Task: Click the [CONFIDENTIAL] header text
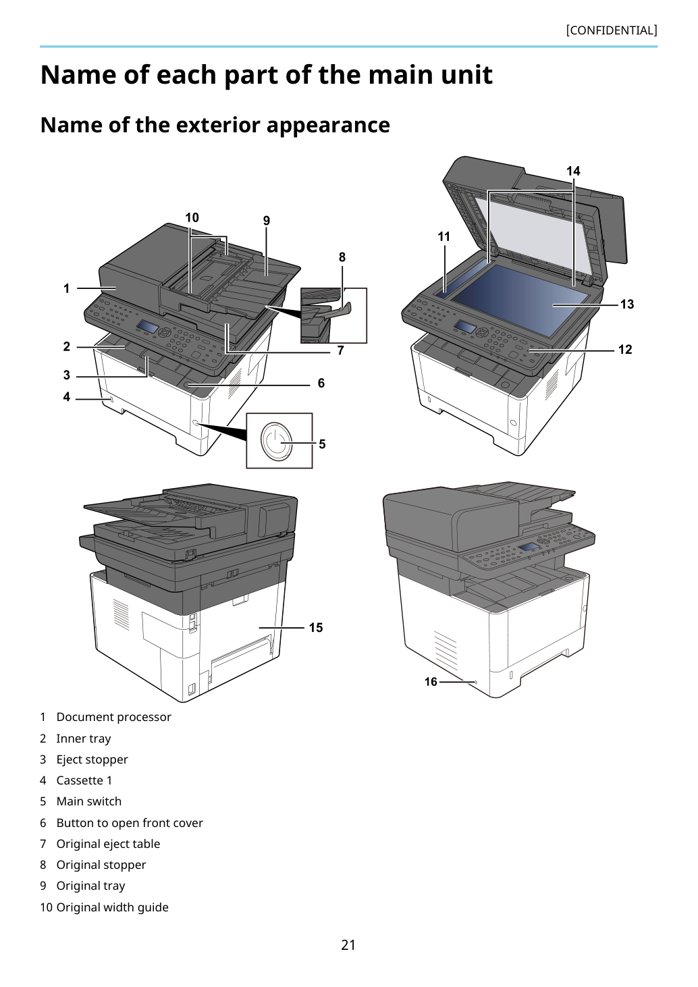[611, 30]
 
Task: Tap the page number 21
[348, 944]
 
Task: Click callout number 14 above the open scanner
[573, 171]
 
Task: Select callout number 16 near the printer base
[431, 682]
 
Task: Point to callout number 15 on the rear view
[315, 627]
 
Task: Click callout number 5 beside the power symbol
[322, 444]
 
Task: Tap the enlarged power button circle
[276, 441]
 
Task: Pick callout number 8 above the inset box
[342, 257]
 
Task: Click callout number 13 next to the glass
[626, 304]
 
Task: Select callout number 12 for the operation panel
[625, 350]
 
